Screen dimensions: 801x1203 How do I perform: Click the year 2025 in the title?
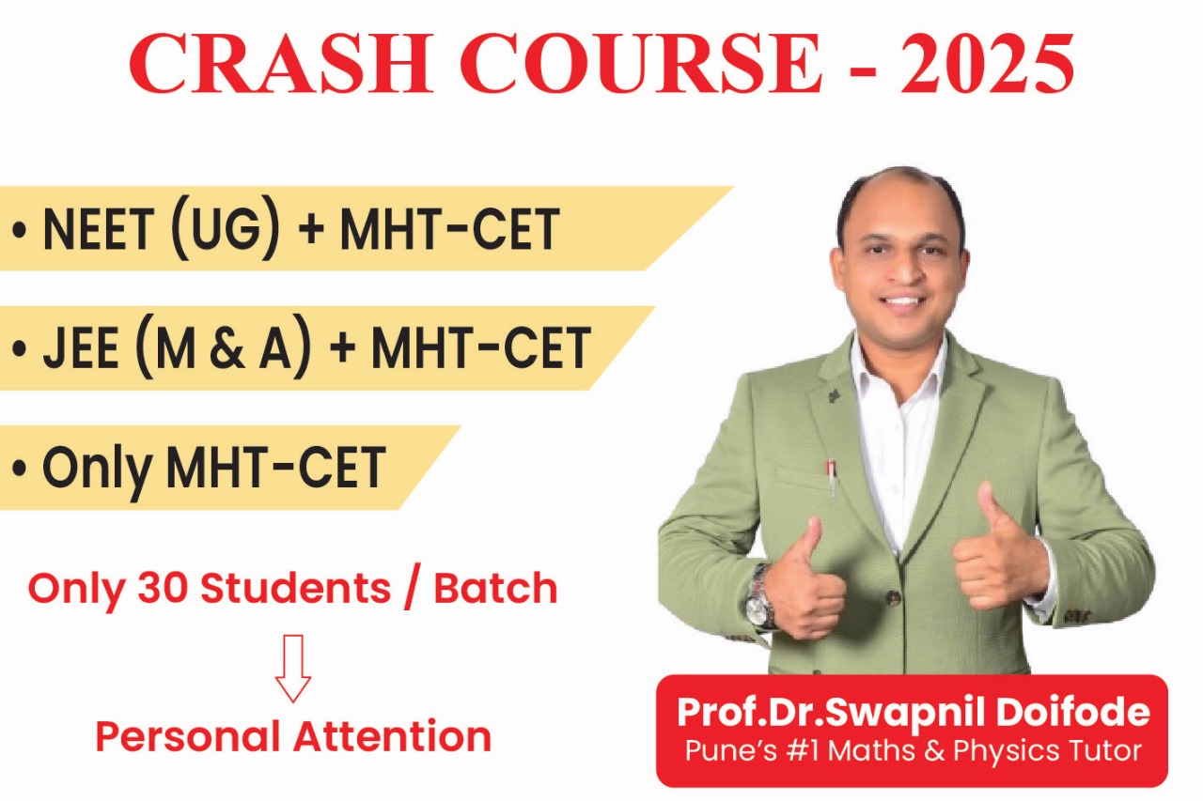[989, 63]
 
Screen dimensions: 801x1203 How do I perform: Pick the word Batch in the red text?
[495, 588]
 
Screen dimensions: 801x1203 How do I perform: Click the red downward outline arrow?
[292, 667]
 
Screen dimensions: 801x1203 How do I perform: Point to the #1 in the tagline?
[842, 751]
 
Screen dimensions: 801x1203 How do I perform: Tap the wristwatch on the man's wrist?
[758, 597]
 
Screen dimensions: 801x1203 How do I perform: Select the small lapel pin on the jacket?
[834, 394]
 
